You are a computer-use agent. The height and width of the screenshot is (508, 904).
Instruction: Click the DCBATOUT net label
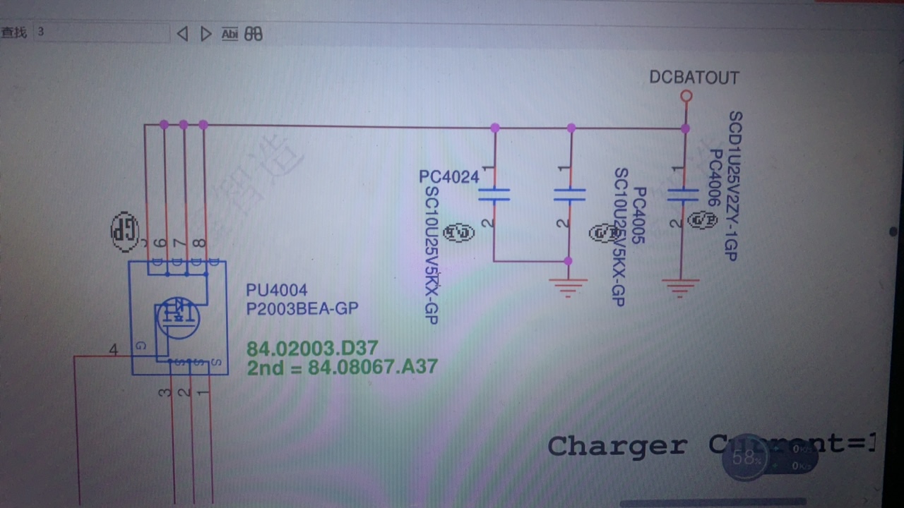694,78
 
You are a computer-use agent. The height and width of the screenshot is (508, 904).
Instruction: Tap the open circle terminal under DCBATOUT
685,96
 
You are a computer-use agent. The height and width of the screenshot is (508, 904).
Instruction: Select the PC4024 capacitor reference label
449,177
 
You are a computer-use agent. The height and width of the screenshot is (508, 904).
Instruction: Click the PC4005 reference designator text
639,216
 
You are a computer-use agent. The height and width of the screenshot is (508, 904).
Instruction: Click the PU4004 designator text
276,290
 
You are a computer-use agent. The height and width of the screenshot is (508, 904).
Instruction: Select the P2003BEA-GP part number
302,308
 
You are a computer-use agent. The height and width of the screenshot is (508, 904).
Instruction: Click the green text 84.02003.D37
312,348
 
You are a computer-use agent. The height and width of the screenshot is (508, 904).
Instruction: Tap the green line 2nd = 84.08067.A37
342,367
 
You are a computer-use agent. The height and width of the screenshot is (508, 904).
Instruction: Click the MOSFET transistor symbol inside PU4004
178,317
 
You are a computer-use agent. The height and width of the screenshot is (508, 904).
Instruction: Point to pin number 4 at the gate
114,349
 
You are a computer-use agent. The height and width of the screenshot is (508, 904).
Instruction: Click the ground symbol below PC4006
681,288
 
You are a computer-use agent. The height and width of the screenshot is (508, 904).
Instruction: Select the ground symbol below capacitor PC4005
568,286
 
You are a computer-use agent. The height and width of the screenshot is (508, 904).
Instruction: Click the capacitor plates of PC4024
494,194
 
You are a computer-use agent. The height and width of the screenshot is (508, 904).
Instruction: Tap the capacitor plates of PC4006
682,194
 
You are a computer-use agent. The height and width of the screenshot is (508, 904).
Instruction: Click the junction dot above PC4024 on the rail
495,128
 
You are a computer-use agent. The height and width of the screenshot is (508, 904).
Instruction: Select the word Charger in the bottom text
617,446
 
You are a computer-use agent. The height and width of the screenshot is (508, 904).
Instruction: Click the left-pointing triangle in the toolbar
182,34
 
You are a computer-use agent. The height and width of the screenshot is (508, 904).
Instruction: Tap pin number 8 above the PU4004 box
201,243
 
